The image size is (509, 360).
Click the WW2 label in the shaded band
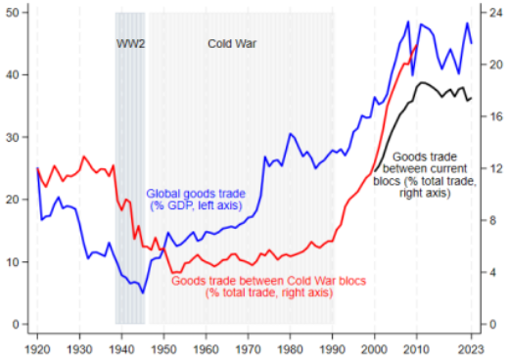(x=130, y=44)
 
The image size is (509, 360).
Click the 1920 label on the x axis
(x=37, y=346)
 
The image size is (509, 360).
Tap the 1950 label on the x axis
(x=164, y=346)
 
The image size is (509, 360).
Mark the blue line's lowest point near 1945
(x=143, y=292)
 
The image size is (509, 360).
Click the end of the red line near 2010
(x=417, y=44)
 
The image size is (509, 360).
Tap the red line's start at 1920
(x=37, y=167)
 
